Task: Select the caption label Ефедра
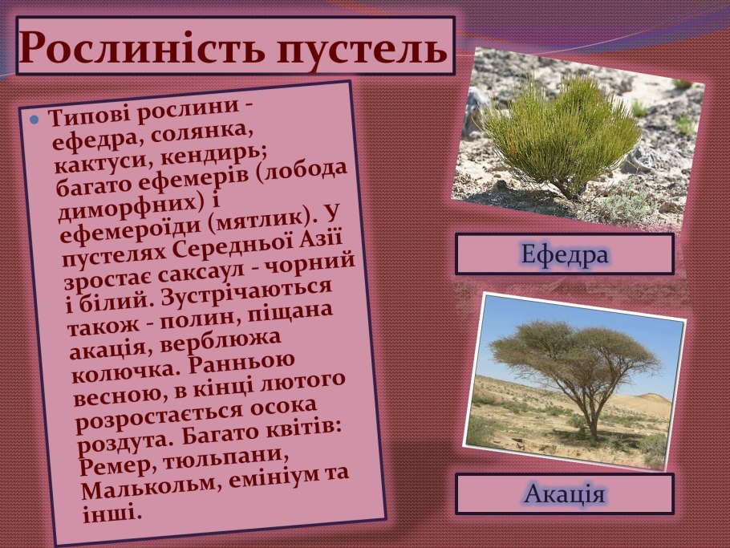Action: click(x=564, y=254)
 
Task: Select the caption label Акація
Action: click(x=564, y=493)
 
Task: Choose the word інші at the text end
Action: click(x=112, y=512)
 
